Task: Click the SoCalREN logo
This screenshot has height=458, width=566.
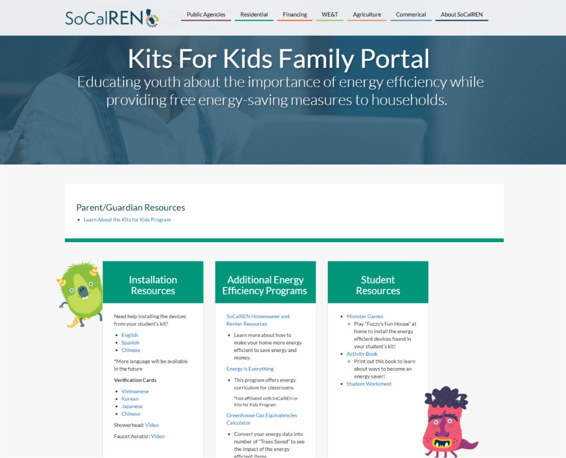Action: coord(112,18)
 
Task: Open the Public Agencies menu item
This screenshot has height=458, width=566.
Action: coord(206,14)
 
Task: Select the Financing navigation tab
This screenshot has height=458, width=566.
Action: coord(295,14)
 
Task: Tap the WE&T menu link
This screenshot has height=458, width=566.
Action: coord(330,14)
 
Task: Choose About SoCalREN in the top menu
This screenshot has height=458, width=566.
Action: coord(462,14)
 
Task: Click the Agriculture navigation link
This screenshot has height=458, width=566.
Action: coord(366,14)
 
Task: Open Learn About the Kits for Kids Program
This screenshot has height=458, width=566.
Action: coord(127,220)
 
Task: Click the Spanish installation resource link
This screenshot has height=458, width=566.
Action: coord(130,343)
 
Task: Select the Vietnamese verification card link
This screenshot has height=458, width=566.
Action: coord(135,391)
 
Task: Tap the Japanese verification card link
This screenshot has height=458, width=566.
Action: coord(132,406)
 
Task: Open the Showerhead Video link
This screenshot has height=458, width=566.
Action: coord(152,425)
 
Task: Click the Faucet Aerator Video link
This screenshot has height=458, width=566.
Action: coord(158,436)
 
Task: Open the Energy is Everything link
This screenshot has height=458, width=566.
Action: coord(250,369)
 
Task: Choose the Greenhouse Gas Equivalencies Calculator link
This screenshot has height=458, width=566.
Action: coord(261,419)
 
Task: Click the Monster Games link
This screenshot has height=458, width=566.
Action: coord(365,316)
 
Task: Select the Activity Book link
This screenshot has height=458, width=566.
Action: coord(362,354)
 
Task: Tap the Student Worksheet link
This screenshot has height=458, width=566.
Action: coord(369,384)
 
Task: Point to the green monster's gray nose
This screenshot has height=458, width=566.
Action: coord(83,291)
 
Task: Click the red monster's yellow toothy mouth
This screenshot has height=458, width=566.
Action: coord(441,443)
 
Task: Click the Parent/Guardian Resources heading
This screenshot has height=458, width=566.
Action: coord(131,207)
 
